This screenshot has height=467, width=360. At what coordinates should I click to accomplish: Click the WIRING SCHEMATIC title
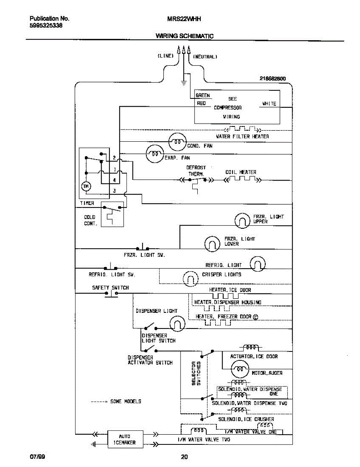[184, 36]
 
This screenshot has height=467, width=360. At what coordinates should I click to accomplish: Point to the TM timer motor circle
[86, 187]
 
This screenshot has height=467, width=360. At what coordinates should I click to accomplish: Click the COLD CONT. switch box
[112, 214]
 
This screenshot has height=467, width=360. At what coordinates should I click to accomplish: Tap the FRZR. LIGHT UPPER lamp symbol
[242, 221]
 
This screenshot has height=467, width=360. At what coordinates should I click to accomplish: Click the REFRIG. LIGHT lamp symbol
[257, 264]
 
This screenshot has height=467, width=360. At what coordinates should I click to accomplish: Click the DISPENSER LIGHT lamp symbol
[177, 323]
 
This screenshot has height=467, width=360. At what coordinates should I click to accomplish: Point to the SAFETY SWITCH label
[110, 288]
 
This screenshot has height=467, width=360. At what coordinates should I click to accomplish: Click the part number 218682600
[272, 79]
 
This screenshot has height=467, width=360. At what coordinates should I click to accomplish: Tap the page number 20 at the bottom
[184, 457]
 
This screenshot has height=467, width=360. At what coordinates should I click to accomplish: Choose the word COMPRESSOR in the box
[228, 108]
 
